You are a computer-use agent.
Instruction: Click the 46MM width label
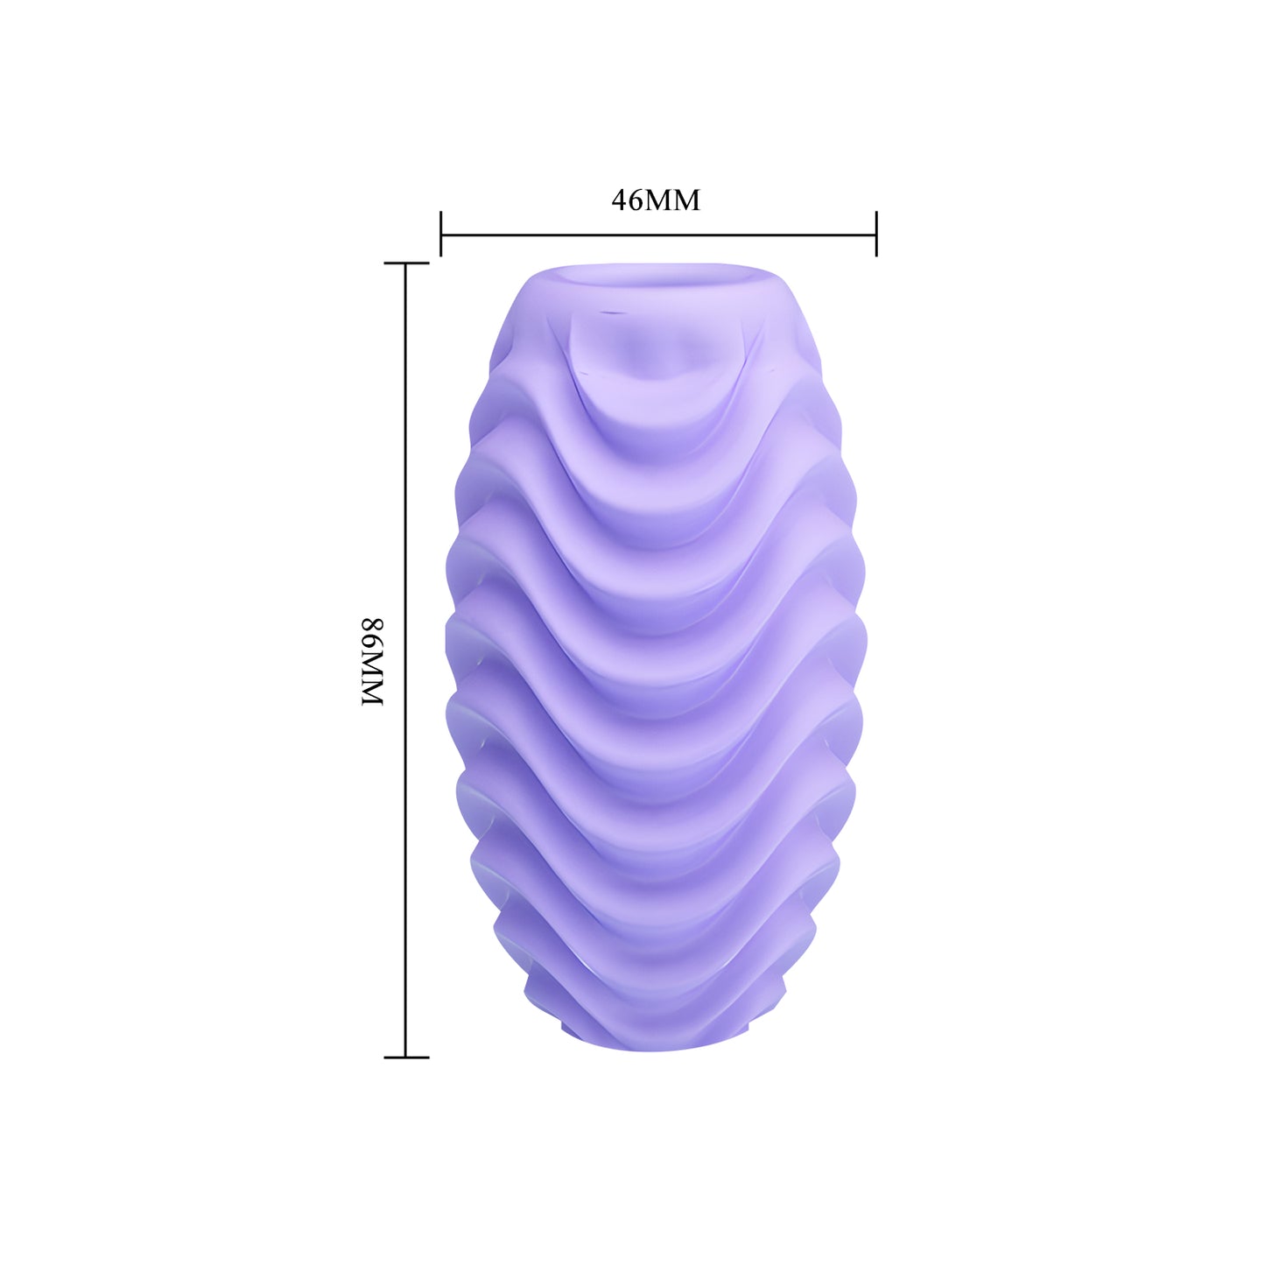656,200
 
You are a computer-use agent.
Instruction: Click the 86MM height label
372,661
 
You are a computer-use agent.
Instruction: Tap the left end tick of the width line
441,234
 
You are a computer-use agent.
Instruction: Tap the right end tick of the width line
876,234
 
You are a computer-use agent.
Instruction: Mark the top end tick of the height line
406,263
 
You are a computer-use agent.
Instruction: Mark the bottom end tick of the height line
406,1057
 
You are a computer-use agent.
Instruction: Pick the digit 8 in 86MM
372,625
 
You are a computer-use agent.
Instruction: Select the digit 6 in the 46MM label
636,201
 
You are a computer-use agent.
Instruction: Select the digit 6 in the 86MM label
372,642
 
